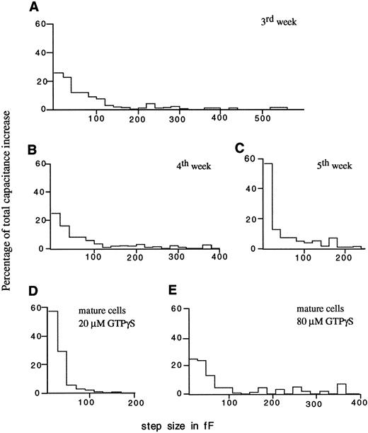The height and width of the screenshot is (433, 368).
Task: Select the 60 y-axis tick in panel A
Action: (40, 25)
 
